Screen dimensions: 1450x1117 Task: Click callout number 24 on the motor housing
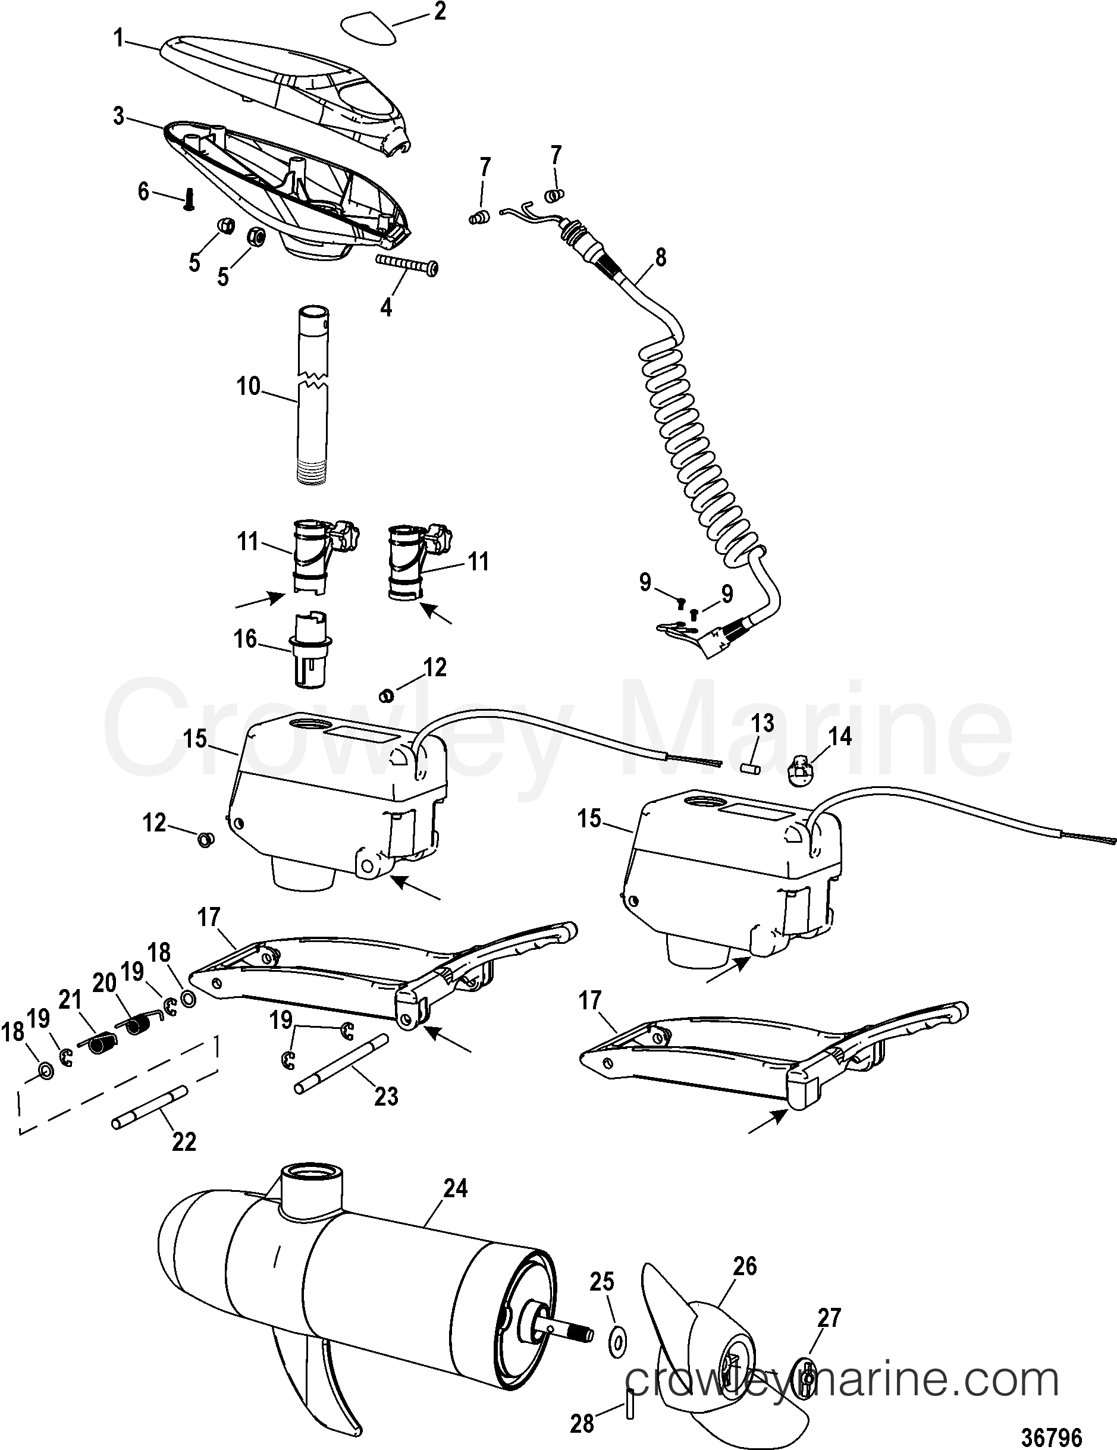pos(455,1188)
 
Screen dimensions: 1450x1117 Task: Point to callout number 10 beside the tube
pos(249,386)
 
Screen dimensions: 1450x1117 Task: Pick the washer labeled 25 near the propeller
pos(617,1343)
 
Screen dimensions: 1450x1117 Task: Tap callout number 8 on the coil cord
pos(660,257)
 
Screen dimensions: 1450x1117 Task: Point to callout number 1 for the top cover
pos(118,39)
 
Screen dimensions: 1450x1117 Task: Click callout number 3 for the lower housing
pos(118,116)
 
